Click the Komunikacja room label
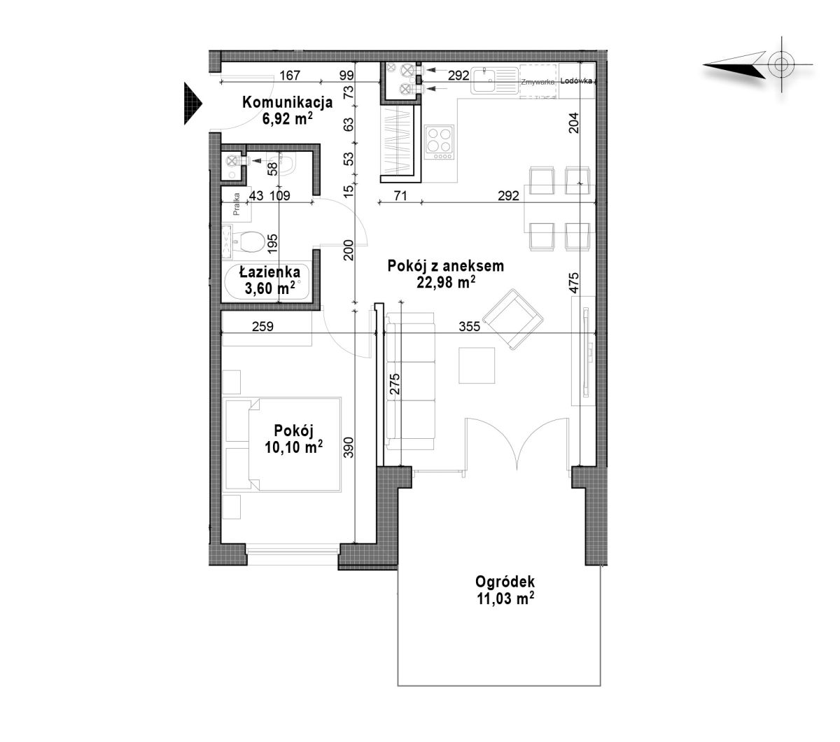pos(287,102)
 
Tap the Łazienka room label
pos(269,272)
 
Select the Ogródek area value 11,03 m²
pos(505,598)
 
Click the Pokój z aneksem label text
pos(445,266)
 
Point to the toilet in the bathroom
pos(248,241)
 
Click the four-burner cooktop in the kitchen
pos(440,143)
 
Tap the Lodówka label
pos(576,81)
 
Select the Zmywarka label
pos(538,82)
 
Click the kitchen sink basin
pos(482,80)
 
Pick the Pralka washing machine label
pos(237,204)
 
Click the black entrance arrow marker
pos(192,104)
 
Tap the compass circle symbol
pos(780,64)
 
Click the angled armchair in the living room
pos(512,319)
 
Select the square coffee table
pos(477,365)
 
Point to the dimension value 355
pos(469,326)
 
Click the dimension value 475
pos(574,282)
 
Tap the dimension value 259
pos(263,326)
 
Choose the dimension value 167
pos(289,75)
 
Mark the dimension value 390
pos(349,447)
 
